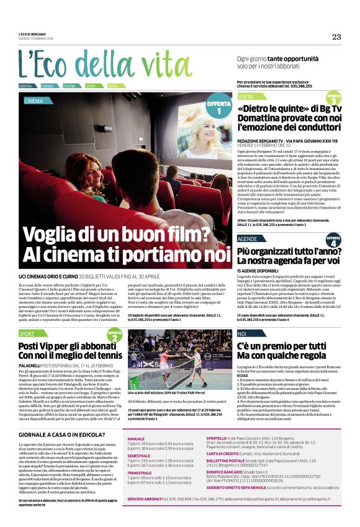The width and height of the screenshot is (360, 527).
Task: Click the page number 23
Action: click(x=336, y=37)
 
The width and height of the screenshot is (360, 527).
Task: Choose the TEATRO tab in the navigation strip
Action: click(x=70, y=86)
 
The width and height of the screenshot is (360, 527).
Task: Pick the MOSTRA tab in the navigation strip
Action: click(x=25, y=86)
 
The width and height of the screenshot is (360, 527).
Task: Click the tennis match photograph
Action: click(x=177, y=359)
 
